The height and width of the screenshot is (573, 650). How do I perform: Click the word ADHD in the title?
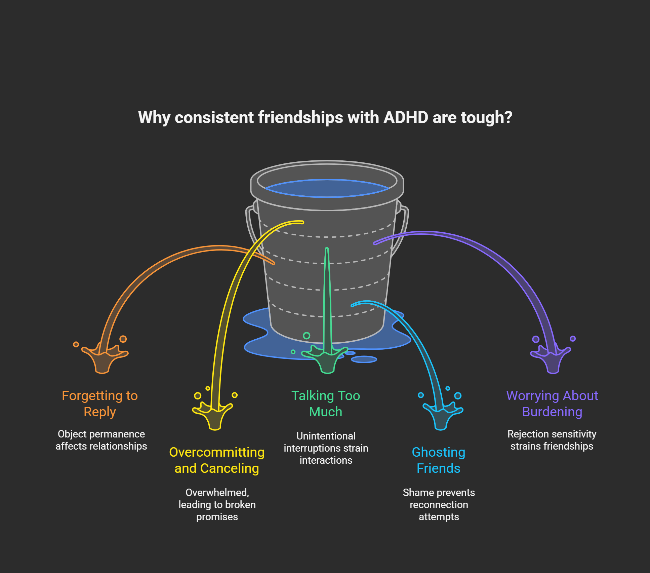tap(406, 118)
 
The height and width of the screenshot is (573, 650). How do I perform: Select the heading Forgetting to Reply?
tap(100, 404)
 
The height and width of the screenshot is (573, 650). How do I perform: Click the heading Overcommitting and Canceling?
tap(217, 460)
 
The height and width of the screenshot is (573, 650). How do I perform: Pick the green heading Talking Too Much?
tap(326, 404)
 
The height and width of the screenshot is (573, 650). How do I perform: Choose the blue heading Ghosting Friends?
tap(439, 460)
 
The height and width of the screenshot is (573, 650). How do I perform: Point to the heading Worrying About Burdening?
tap(552, 404)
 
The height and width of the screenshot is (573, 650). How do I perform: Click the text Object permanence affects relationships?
tap(101, 440)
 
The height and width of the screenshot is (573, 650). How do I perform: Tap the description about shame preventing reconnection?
tap(439, 504)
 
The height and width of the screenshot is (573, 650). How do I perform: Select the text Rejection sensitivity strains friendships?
tap(552, 440)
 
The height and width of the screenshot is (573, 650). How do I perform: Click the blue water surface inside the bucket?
tap(327, 188)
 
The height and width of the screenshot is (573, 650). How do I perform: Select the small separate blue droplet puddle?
tap(364, 359)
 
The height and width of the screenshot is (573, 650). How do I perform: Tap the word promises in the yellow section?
tap(217, 517)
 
